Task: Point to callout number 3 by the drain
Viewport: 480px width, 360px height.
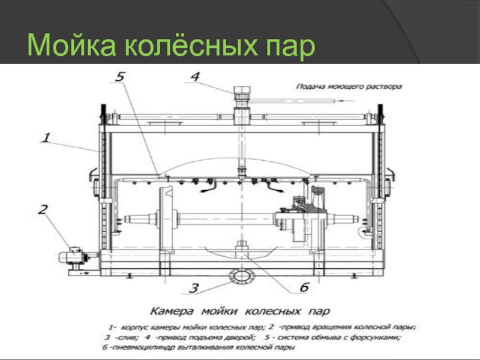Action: [x=193, y=288]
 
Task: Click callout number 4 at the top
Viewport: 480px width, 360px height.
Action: [x=196, y=77]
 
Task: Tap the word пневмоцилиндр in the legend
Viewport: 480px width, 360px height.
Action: [x=139, y=347]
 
